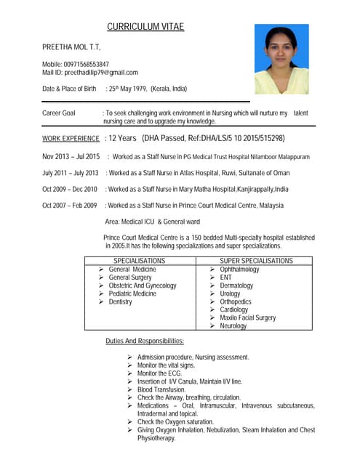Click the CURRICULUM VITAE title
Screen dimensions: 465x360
tap(145, 28)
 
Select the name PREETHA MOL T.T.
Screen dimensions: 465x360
tap(71, 47)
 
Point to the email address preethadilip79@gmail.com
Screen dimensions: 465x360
tap(100, 72)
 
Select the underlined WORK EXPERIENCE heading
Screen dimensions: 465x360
tap(71, 138)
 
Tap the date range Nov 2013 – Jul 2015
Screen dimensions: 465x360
tap(71, 156)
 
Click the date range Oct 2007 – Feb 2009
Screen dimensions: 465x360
tap(70, 206)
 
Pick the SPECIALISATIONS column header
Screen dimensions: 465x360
tap(140, 260)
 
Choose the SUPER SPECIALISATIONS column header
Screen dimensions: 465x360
tap(256, 260)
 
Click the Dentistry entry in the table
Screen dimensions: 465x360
tap(120, 302)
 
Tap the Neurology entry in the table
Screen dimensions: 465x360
tap(233, 326)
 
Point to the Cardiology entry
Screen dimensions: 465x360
tap(234, 310)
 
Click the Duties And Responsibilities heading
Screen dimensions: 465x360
tap(145, 341)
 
